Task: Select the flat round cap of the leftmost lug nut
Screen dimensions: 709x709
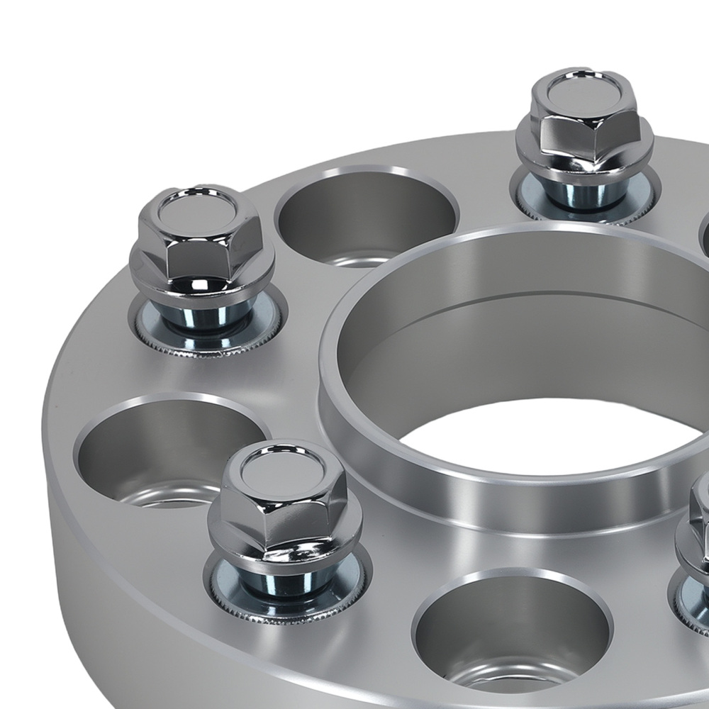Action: pos(186,208)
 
